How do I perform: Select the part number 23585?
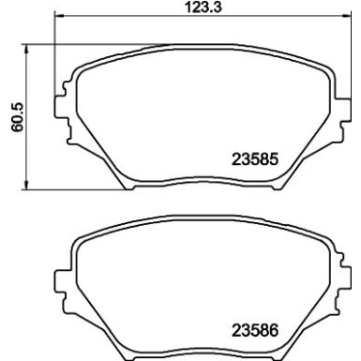256,160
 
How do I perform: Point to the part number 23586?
256,330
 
